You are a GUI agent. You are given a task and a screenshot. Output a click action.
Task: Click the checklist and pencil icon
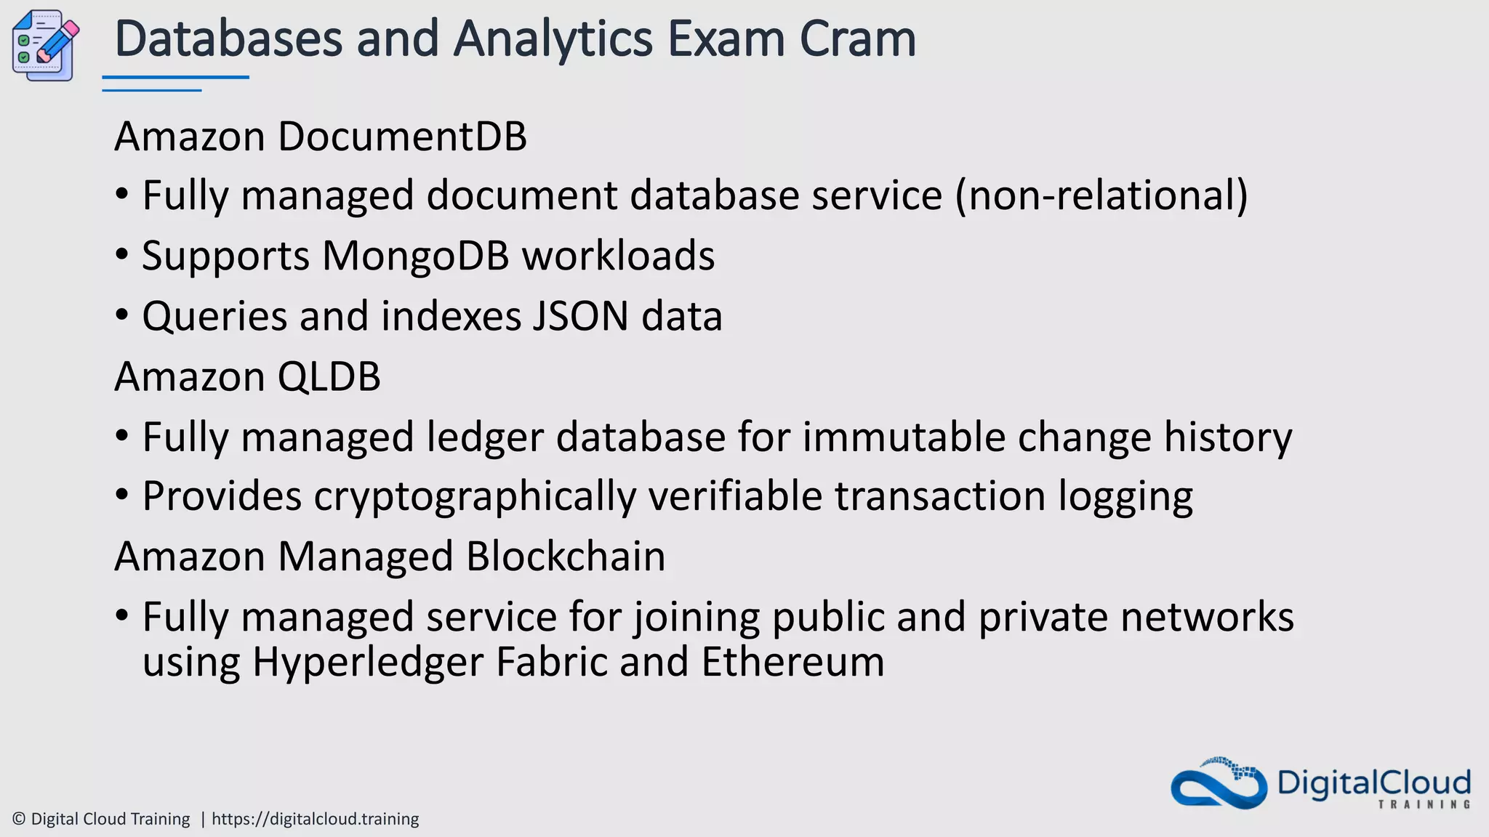(x=45, y=46)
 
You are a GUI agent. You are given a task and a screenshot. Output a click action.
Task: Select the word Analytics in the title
(x=553, y=40)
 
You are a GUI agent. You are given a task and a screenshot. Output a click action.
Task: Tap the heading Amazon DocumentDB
(x=321, y=137)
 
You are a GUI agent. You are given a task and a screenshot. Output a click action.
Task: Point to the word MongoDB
(x=415, y=256)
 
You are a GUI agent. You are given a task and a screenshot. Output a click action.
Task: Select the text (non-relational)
(x=1101, y=196)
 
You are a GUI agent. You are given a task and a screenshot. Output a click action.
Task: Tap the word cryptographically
(x=475, y=497)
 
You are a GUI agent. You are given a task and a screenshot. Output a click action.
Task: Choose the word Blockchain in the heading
(x=566, y=557)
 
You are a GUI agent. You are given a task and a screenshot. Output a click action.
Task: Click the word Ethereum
(x=792, y=663)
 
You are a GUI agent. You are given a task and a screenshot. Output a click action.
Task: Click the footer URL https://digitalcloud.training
(x=315, y=819)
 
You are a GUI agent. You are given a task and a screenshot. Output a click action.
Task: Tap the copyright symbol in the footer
(x=20, y=819)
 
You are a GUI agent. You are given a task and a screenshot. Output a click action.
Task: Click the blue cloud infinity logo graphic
(x=1219, y=785)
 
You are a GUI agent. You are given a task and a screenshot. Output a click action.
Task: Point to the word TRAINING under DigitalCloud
(x=1424, y=804)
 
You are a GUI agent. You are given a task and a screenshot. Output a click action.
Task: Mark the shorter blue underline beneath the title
(x=151, y=90)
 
